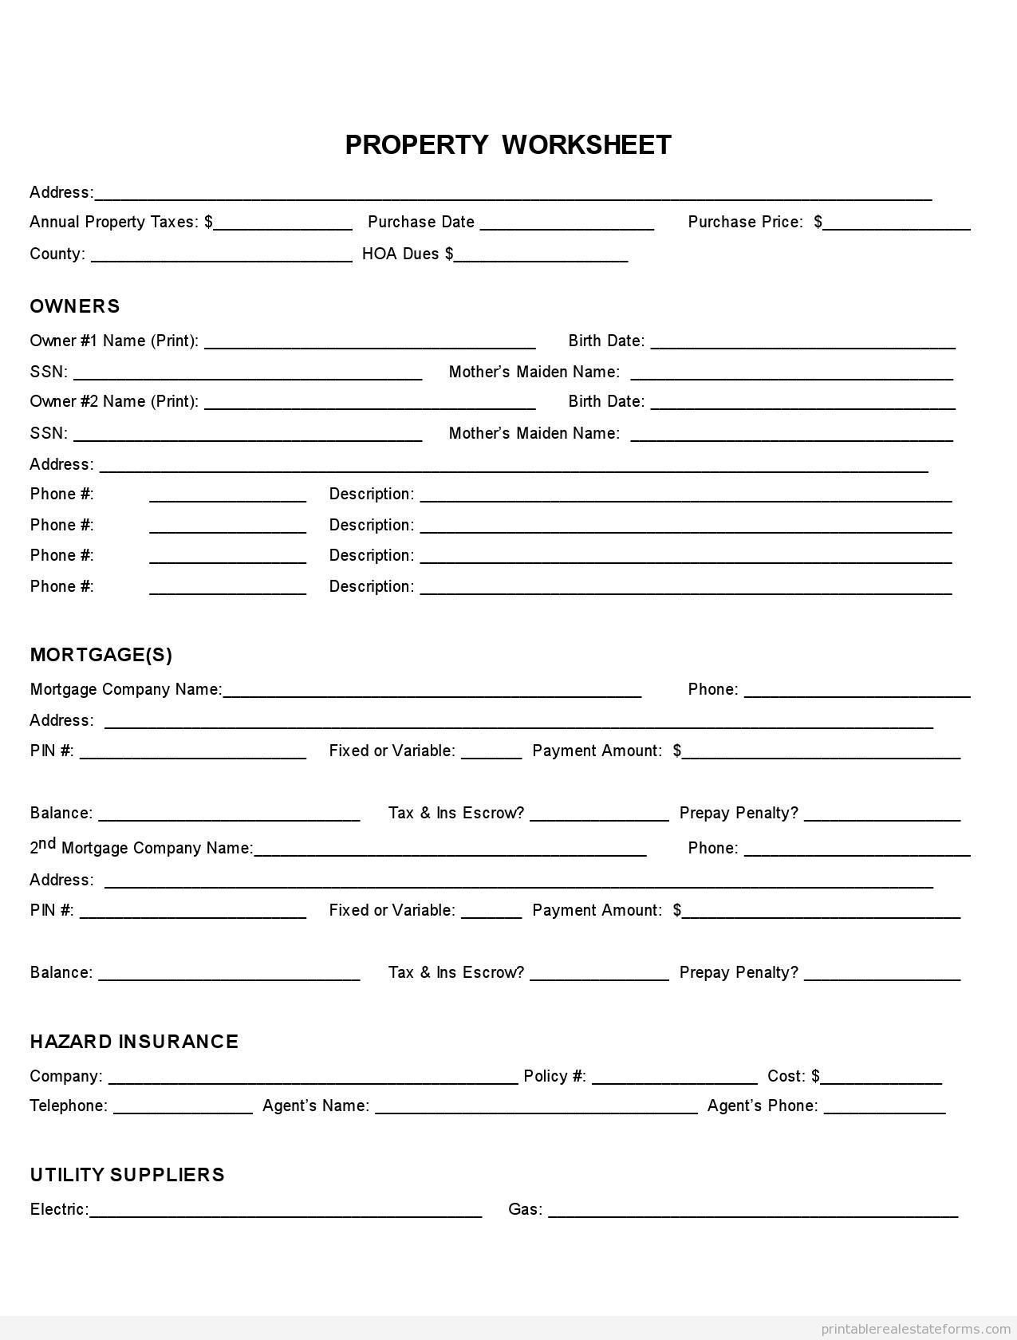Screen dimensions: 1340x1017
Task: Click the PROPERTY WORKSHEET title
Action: click(508, 145)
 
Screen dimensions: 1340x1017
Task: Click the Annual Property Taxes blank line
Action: click(283, 224)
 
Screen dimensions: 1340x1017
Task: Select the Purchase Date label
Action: click(421, 222)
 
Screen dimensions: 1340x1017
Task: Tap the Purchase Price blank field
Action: click(897, 224)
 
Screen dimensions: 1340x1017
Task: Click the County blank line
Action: click(222, 256)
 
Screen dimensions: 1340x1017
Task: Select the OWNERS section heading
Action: click(75, 306)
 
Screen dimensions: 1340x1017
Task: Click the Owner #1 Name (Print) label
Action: click(114, 341)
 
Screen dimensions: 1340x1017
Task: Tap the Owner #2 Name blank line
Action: click(370, 404)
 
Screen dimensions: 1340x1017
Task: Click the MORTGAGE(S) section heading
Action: click(101, 655)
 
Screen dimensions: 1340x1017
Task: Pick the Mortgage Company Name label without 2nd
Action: click(126, 689)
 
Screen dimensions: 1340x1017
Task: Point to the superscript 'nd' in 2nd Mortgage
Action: click(48, 843)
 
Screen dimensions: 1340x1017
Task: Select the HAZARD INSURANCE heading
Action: click(134, 1042)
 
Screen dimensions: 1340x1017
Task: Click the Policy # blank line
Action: click(675, 1078)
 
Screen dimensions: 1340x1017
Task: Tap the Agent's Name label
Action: click(316, 1105)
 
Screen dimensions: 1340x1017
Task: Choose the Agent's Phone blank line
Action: click(885, 1108)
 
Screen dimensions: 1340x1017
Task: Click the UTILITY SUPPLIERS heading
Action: click(128, 1175)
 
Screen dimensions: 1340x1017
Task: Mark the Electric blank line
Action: click(286, 1212)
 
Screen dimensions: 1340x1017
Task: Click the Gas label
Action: click(525, 1209)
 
